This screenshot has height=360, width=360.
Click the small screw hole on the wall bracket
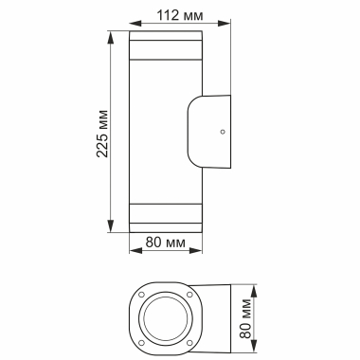pos(222,133)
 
